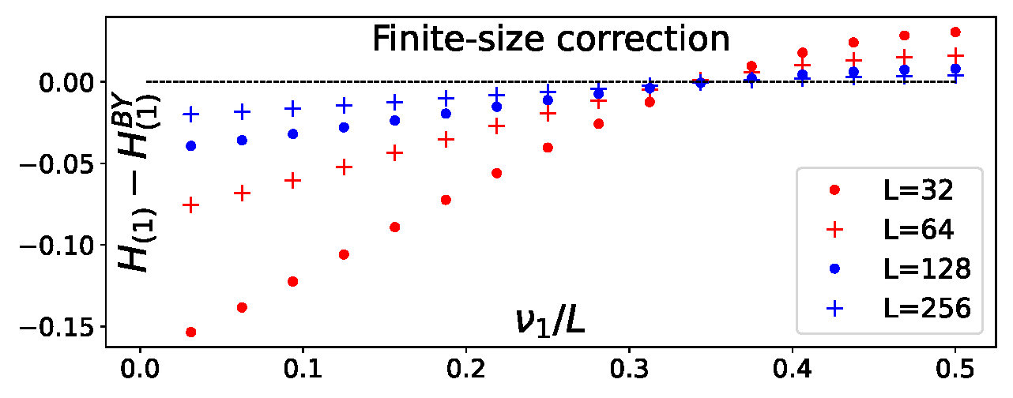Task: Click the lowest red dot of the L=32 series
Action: [x=190, y=332]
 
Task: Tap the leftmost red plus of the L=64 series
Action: [x=190, y=205]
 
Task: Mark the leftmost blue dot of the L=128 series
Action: [x=190, y=146]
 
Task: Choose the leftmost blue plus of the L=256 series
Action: [x=190, y=114]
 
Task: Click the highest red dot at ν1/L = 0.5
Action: [x=955, y=32]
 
